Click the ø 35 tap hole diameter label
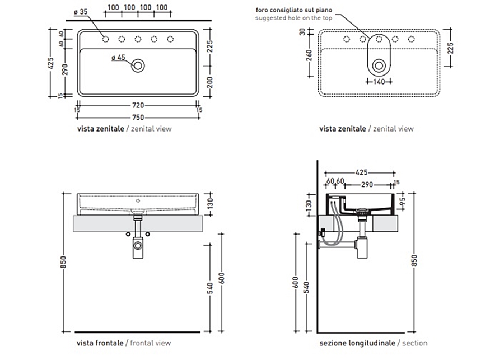pos(81,11)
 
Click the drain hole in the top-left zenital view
pos(138,66)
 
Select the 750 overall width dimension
pos(138,117)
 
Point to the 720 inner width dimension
pos(138,105)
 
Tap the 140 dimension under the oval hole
pos(379,81)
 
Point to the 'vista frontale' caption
pos(100,343)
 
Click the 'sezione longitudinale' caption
pos(357,343)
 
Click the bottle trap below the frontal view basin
pos(138,246)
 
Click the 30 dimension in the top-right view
pos(302,32)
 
